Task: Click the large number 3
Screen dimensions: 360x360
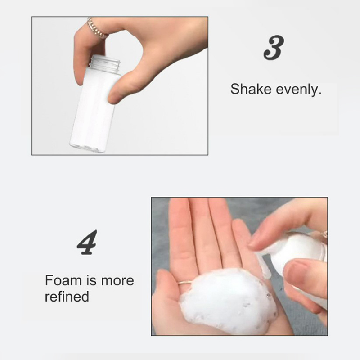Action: pyautogui.click(x=274, y=48)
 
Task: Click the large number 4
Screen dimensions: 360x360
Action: pyautogui.click(x=87, y=242)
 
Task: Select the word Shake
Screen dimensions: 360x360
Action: pyautogui.click(x=251, y=89)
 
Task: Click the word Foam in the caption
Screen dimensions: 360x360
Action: pyautogui.click(x=63, y=280)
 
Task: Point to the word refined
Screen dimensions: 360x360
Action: pyautogui.click(x=67, y=296)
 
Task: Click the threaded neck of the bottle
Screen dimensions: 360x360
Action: pyautogui.click(x=105, y=63)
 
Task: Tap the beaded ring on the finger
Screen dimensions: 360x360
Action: pyautogui.click(x=96, y=28)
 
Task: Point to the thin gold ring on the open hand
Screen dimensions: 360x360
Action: pyautogui.click(x=185, y=283)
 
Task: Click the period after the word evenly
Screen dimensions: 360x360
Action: pyautogui.click(x=319, y=94)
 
